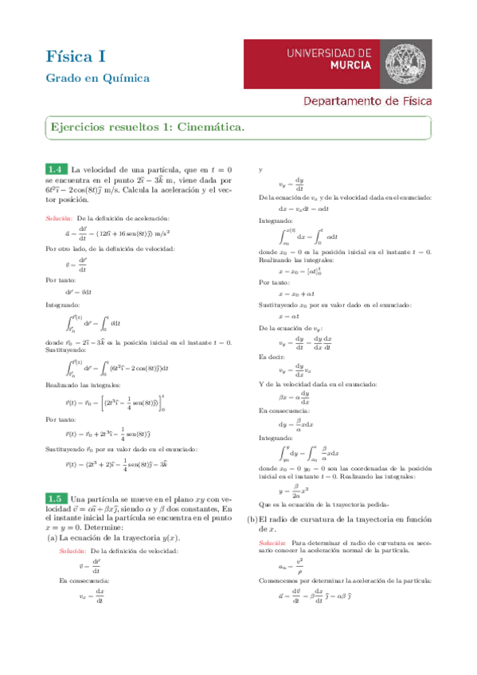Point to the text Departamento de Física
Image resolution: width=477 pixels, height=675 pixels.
367,101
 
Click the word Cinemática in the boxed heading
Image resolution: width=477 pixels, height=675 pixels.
209,127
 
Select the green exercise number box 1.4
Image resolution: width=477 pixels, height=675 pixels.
56,170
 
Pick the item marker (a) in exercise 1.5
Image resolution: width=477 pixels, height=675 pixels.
52,538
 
